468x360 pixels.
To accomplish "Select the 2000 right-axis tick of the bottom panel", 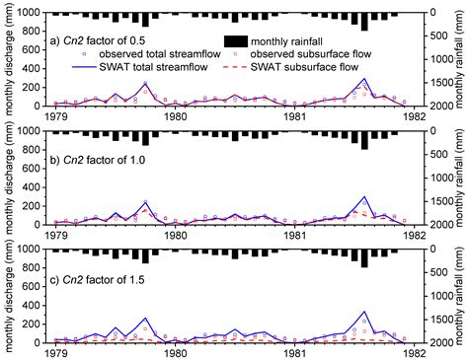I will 440,343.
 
